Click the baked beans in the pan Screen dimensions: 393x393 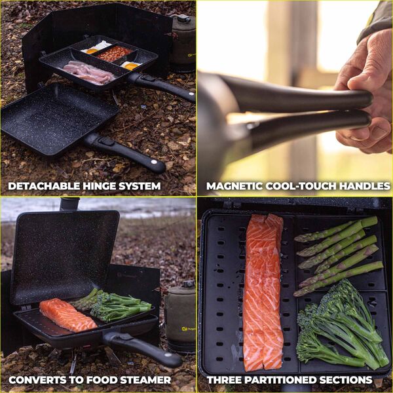point(114,53)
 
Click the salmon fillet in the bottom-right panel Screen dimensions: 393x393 point(264,292)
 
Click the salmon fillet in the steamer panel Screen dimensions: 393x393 point(67,314)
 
